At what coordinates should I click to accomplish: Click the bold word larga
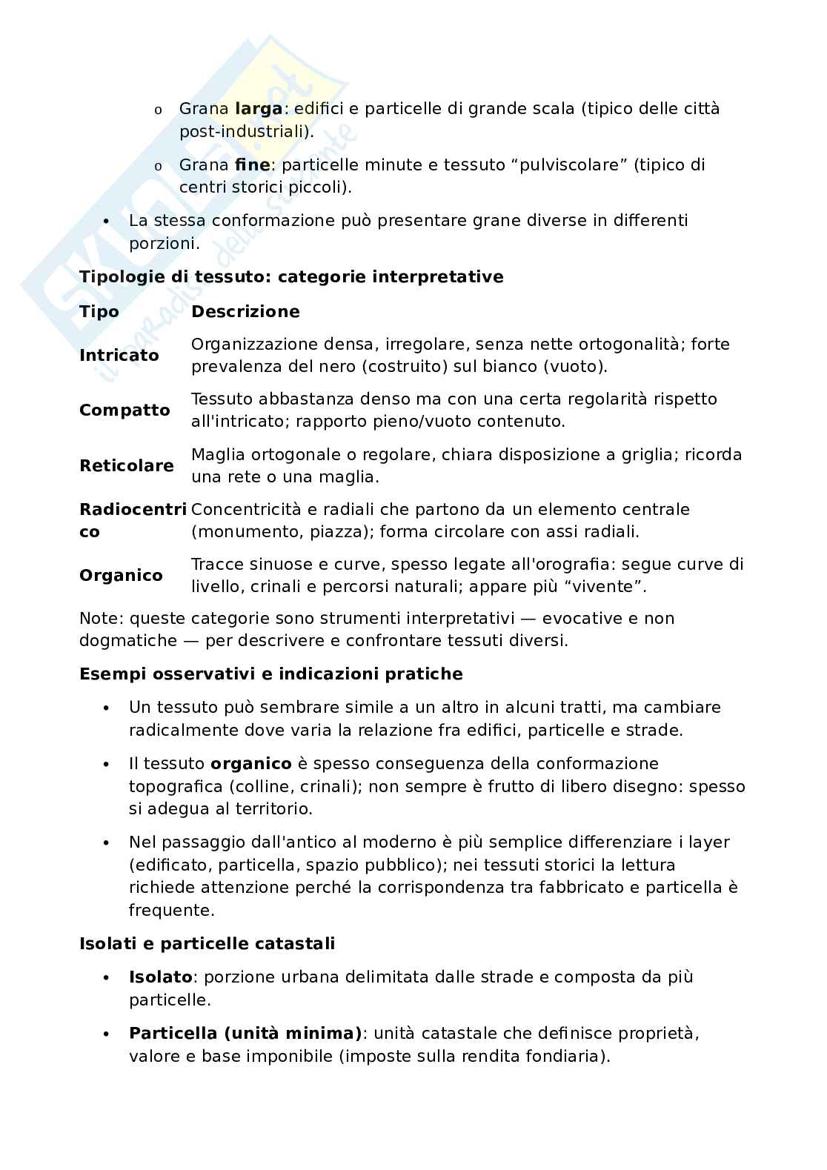[258, 109]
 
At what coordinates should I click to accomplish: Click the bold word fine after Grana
[252, 164]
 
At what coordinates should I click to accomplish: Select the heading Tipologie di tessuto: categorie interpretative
[291, 277]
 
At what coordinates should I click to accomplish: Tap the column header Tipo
[99, 312]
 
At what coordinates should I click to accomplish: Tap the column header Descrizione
[245, 312]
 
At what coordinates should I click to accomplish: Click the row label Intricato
[119, 356]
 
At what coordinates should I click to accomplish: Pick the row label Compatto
[124, 411]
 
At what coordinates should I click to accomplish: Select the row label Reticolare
[127, 466]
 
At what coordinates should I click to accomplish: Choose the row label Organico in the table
[121, 576]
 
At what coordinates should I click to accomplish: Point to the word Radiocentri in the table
[133, 510]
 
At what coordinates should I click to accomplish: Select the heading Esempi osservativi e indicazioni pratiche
[270, 674]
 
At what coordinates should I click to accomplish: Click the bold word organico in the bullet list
[250, 764]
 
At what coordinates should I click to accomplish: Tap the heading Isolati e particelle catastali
[207, 944]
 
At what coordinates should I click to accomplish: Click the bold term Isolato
[160, 977]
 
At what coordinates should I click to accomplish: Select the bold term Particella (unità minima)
[245, 1033]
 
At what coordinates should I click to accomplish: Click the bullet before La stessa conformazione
[107, 222]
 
